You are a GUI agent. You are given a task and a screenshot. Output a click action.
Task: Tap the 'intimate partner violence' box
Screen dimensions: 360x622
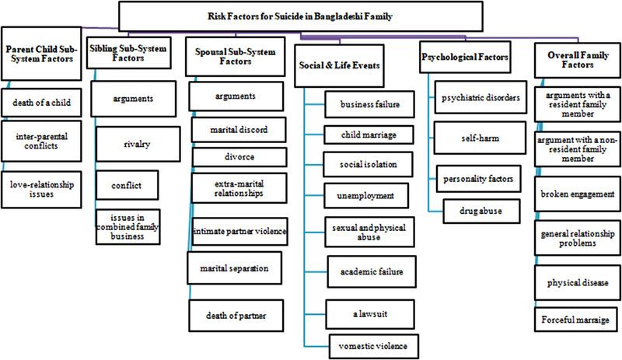pos(239,231)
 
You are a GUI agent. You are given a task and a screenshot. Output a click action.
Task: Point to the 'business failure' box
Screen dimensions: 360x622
pos(369,103)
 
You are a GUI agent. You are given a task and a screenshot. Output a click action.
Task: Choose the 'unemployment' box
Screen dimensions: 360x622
pos(369,197)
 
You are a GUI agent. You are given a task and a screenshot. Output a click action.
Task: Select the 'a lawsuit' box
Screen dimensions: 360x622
pos(369,312)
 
